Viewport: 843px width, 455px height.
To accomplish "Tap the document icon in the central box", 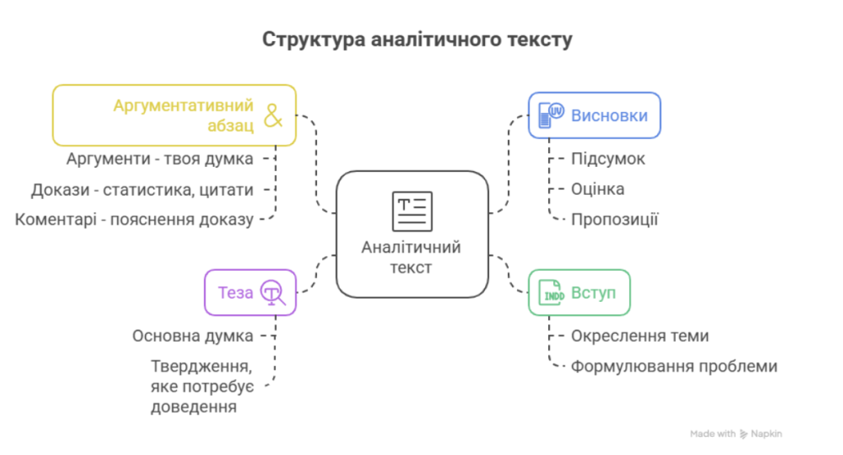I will tap(411, 211).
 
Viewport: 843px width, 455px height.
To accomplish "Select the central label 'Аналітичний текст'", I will tap(411, 257).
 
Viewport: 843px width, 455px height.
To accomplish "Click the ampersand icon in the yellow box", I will tap(272, 116).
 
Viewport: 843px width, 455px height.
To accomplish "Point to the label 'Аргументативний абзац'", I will tap(184, 116).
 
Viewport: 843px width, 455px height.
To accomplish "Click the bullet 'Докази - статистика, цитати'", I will tap(142, 189).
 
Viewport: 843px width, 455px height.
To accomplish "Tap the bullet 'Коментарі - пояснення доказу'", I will tap(134, 220).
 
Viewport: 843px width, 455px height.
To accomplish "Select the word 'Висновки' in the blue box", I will tap(609, 115).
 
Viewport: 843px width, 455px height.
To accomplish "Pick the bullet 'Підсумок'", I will tap(608, 159).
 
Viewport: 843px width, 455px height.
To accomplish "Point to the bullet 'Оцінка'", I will tap(598, 189).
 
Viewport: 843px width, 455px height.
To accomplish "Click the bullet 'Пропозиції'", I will tap(614, 220).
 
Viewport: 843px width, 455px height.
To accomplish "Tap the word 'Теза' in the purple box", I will tap(235, 292).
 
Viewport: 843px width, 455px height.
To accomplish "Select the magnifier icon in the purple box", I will tap(272, 293).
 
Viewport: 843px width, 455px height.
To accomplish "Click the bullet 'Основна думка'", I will tap(193, 336).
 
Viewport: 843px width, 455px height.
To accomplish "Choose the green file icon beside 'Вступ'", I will tap(552, 293).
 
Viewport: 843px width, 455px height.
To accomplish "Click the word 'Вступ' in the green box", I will tap(594, 293).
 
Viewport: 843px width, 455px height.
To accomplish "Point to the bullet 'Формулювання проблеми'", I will tap(673, 366).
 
